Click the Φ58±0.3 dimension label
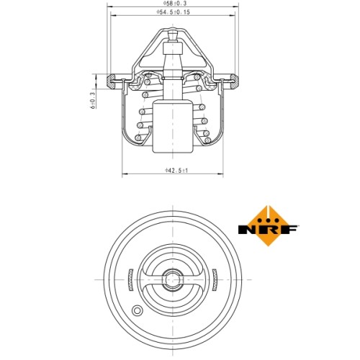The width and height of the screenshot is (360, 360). click(x=175, y=3)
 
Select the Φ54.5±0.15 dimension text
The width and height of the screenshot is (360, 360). click(x=173, y=12)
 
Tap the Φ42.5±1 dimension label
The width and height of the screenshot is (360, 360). click(x=176, y=171)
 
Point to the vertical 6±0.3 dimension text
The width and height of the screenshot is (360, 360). click(x=93, y=100)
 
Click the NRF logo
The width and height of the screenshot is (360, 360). click(x=268, y=226)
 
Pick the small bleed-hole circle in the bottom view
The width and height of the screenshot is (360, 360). click(x=137, y=310)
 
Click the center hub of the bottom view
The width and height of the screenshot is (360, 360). click(x=173, y=279)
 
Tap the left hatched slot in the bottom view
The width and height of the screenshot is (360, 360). click(x=130, y=280)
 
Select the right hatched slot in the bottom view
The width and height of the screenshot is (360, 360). click(x=215, y=280)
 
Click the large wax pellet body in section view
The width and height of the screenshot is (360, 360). click(x=173, y=127)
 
